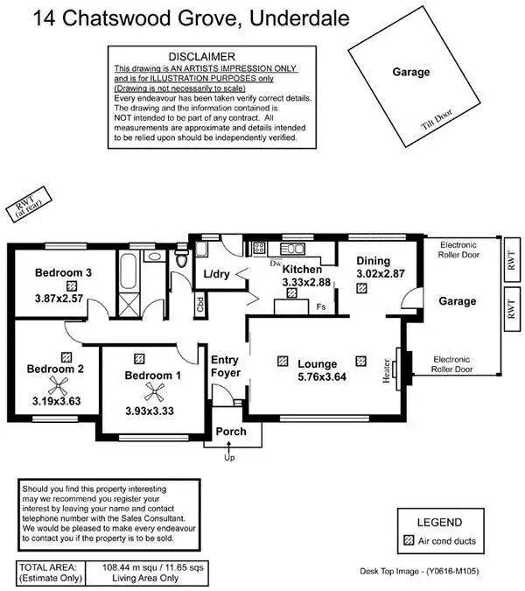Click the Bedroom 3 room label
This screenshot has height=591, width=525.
pos(64,272)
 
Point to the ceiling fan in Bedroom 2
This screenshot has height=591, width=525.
pos(54,386)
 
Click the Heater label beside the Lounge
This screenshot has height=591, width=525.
pos(387,370)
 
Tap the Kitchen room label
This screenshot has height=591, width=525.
pos(302,270)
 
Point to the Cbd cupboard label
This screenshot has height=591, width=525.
pos(200,306)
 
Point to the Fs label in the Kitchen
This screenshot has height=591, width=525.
pos(321,306)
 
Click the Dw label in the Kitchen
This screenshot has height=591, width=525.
pos(275,263)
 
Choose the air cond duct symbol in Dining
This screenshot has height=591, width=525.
pos(363,287)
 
